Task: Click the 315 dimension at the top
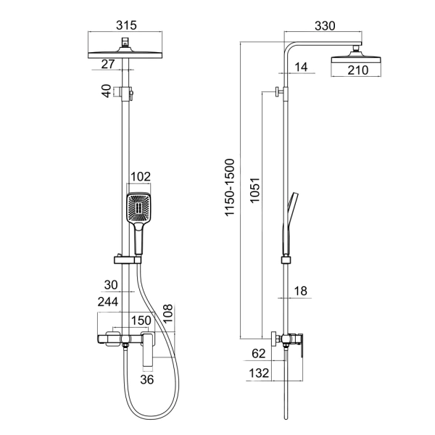(x=126, y=25)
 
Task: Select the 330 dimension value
(x=324, y=26)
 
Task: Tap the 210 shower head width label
(x=356, y=70)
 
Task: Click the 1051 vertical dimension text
(x=252, y=193)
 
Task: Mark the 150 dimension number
(x=140, y=320)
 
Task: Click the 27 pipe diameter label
(x=108, y=65)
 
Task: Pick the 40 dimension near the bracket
(x=107, y=92)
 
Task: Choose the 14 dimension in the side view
(x=302, y=67)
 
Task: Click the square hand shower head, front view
(x=138, y=208)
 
